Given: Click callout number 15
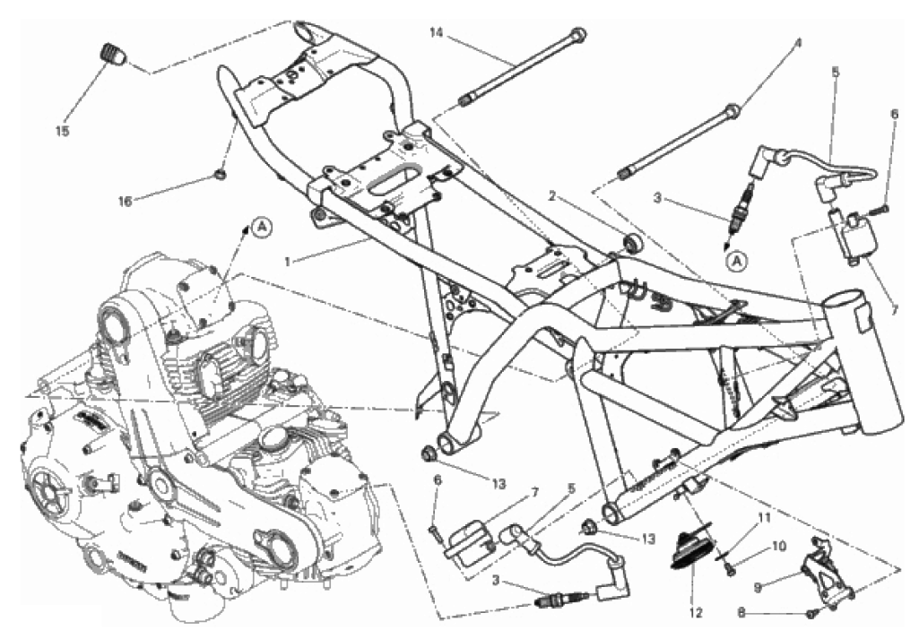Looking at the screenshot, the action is click(63, 131).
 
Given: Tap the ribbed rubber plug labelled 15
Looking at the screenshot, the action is click(111, 53).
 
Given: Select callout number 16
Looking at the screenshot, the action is click(125, 201).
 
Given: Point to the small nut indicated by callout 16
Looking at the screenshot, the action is click(221, 174).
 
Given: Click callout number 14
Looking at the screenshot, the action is click(436, 33).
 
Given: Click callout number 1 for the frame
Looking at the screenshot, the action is click(288, 262).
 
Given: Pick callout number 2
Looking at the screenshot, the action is click(551, 195).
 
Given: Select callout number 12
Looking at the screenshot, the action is click(697, 613).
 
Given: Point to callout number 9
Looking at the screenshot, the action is click(758, 586).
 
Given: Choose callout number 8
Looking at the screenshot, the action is click(741, 613).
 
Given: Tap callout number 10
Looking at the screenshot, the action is click(778, 546).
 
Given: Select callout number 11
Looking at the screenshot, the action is click(763, 518).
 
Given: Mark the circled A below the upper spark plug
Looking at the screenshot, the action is click(737, 261).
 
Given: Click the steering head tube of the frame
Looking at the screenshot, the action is click(863, 364).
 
